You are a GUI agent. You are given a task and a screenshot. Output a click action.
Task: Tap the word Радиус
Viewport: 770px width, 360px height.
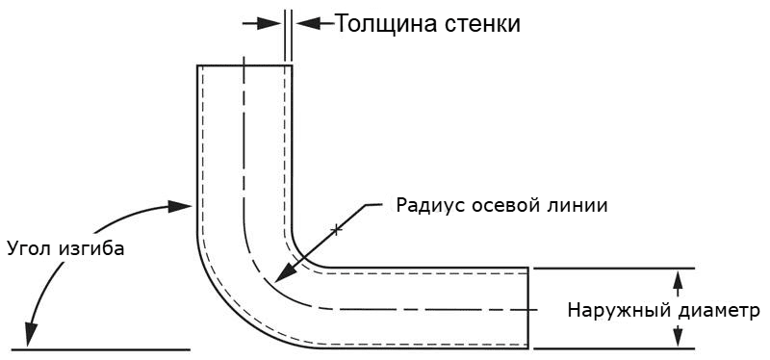(427, 204)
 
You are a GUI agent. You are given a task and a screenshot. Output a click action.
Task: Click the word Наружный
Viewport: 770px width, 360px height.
(612, 310)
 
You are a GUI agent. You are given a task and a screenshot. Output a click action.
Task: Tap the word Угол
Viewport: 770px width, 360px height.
(28, 247)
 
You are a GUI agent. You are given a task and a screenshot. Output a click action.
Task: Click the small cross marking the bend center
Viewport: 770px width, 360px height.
(336, 229)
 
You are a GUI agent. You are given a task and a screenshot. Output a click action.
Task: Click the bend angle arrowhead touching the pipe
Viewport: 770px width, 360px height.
(184, 206)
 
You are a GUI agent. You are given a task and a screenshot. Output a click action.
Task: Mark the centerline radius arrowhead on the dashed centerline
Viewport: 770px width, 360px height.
(280, 277)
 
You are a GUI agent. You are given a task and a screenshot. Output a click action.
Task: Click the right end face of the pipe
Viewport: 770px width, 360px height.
(528, 307)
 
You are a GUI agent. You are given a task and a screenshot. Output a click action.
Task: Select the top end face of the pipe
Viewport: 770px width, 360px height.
(244, 65)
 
